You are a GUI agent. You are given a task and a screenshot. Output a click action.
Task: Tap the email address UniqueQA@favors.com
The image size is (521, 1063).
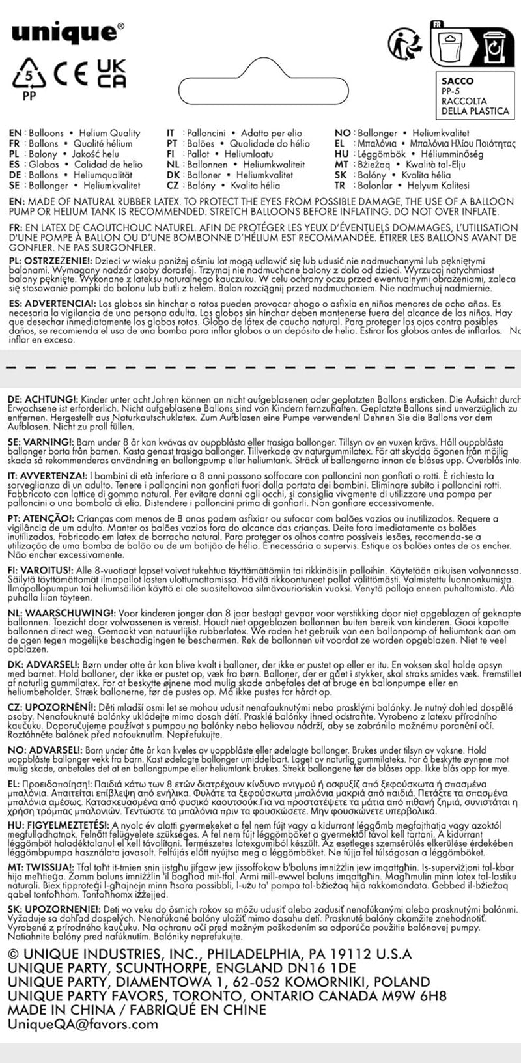[x=82, y=1024]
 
